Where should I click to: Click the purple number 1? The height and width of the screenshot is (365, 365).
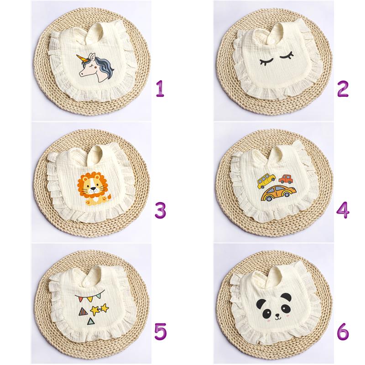click(x=160, y=89)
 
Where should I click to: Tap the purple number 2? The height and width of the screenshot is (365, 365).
click(x=343, y=89)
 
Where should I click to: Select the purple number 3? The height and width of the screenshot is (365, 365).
click(x=161, y=210)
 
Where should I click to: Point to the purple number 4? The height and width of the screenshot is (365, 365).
click(x=343, y=210)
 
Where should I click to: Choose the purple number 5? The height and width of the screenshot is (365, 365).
click(x=161, y=332)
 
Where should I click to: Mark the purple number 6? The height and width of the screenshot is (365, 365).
click(x=343, y=332)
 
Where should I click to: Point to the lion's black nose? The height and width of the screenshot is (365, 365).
click(x=93, y=188)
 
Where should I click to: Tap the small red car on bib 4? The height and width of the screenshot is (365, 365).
click(x=286, y=179)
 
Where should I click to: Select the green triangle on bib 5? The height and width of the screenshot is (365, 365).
click(x=90, y=322)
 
